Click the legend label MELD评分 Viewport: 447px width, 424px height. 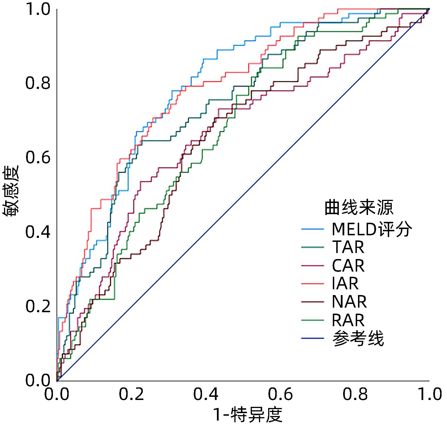coord(372,229)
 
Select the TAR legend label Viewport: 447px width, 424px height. coord(348,247)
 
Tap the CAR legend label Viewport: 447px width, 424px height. coord(348,266)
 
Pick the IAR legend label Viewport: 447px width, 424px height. coord(345,284)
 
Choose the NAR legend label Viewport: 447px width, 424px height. coord(349,302)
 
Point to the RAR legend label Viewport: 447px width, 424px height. coord(348,320)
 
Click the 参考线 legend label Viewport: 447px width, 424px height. coord(358,339)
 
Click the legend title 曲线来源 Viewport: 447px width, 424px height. coord(359,208)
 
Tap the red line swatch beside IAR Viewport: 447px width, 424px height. coord(312,284)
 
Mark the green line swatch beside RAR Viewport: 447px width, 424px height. coord(312,320)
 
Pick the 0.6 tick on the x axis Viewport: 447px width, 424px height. coord(280,394)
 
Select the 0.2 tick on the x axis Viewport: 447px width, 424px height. coord(131,394)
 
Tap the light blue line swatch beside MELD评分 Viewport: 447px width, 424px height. coord(312,229)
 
